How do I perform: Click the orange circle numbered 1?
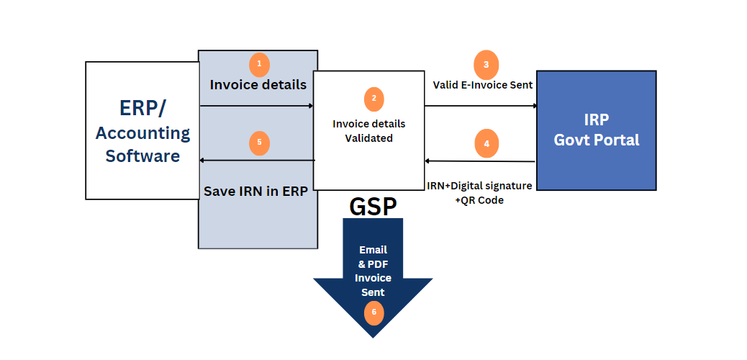259,64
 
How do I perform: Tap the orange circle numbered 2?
373,99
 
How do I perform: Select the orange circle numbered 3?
486,64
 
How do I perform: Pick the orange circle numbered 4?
486,143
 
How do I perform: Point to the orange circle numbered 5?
259,142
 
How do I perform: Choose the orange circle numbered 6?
373,312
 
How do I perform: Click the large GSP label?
373,207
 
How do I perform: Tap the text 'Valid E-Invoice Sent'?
482,85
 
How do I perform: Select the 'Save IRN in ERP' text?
255,192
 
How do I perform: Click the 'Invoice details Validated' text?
368,130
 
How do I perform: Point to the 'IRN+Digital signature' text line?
479,186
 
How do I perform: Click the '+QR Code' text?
479,200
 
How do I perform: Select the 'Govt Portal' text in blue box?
596,140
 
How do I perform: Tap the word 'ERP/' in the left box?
142,107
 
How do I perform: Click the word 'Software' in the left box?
142,156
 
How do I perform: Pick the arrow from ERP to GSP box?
256,106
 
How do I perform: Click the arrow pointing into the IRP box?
481,106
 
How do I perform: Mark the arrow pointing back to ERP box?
257,160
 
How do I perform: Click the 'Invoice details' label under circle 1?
258,84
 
